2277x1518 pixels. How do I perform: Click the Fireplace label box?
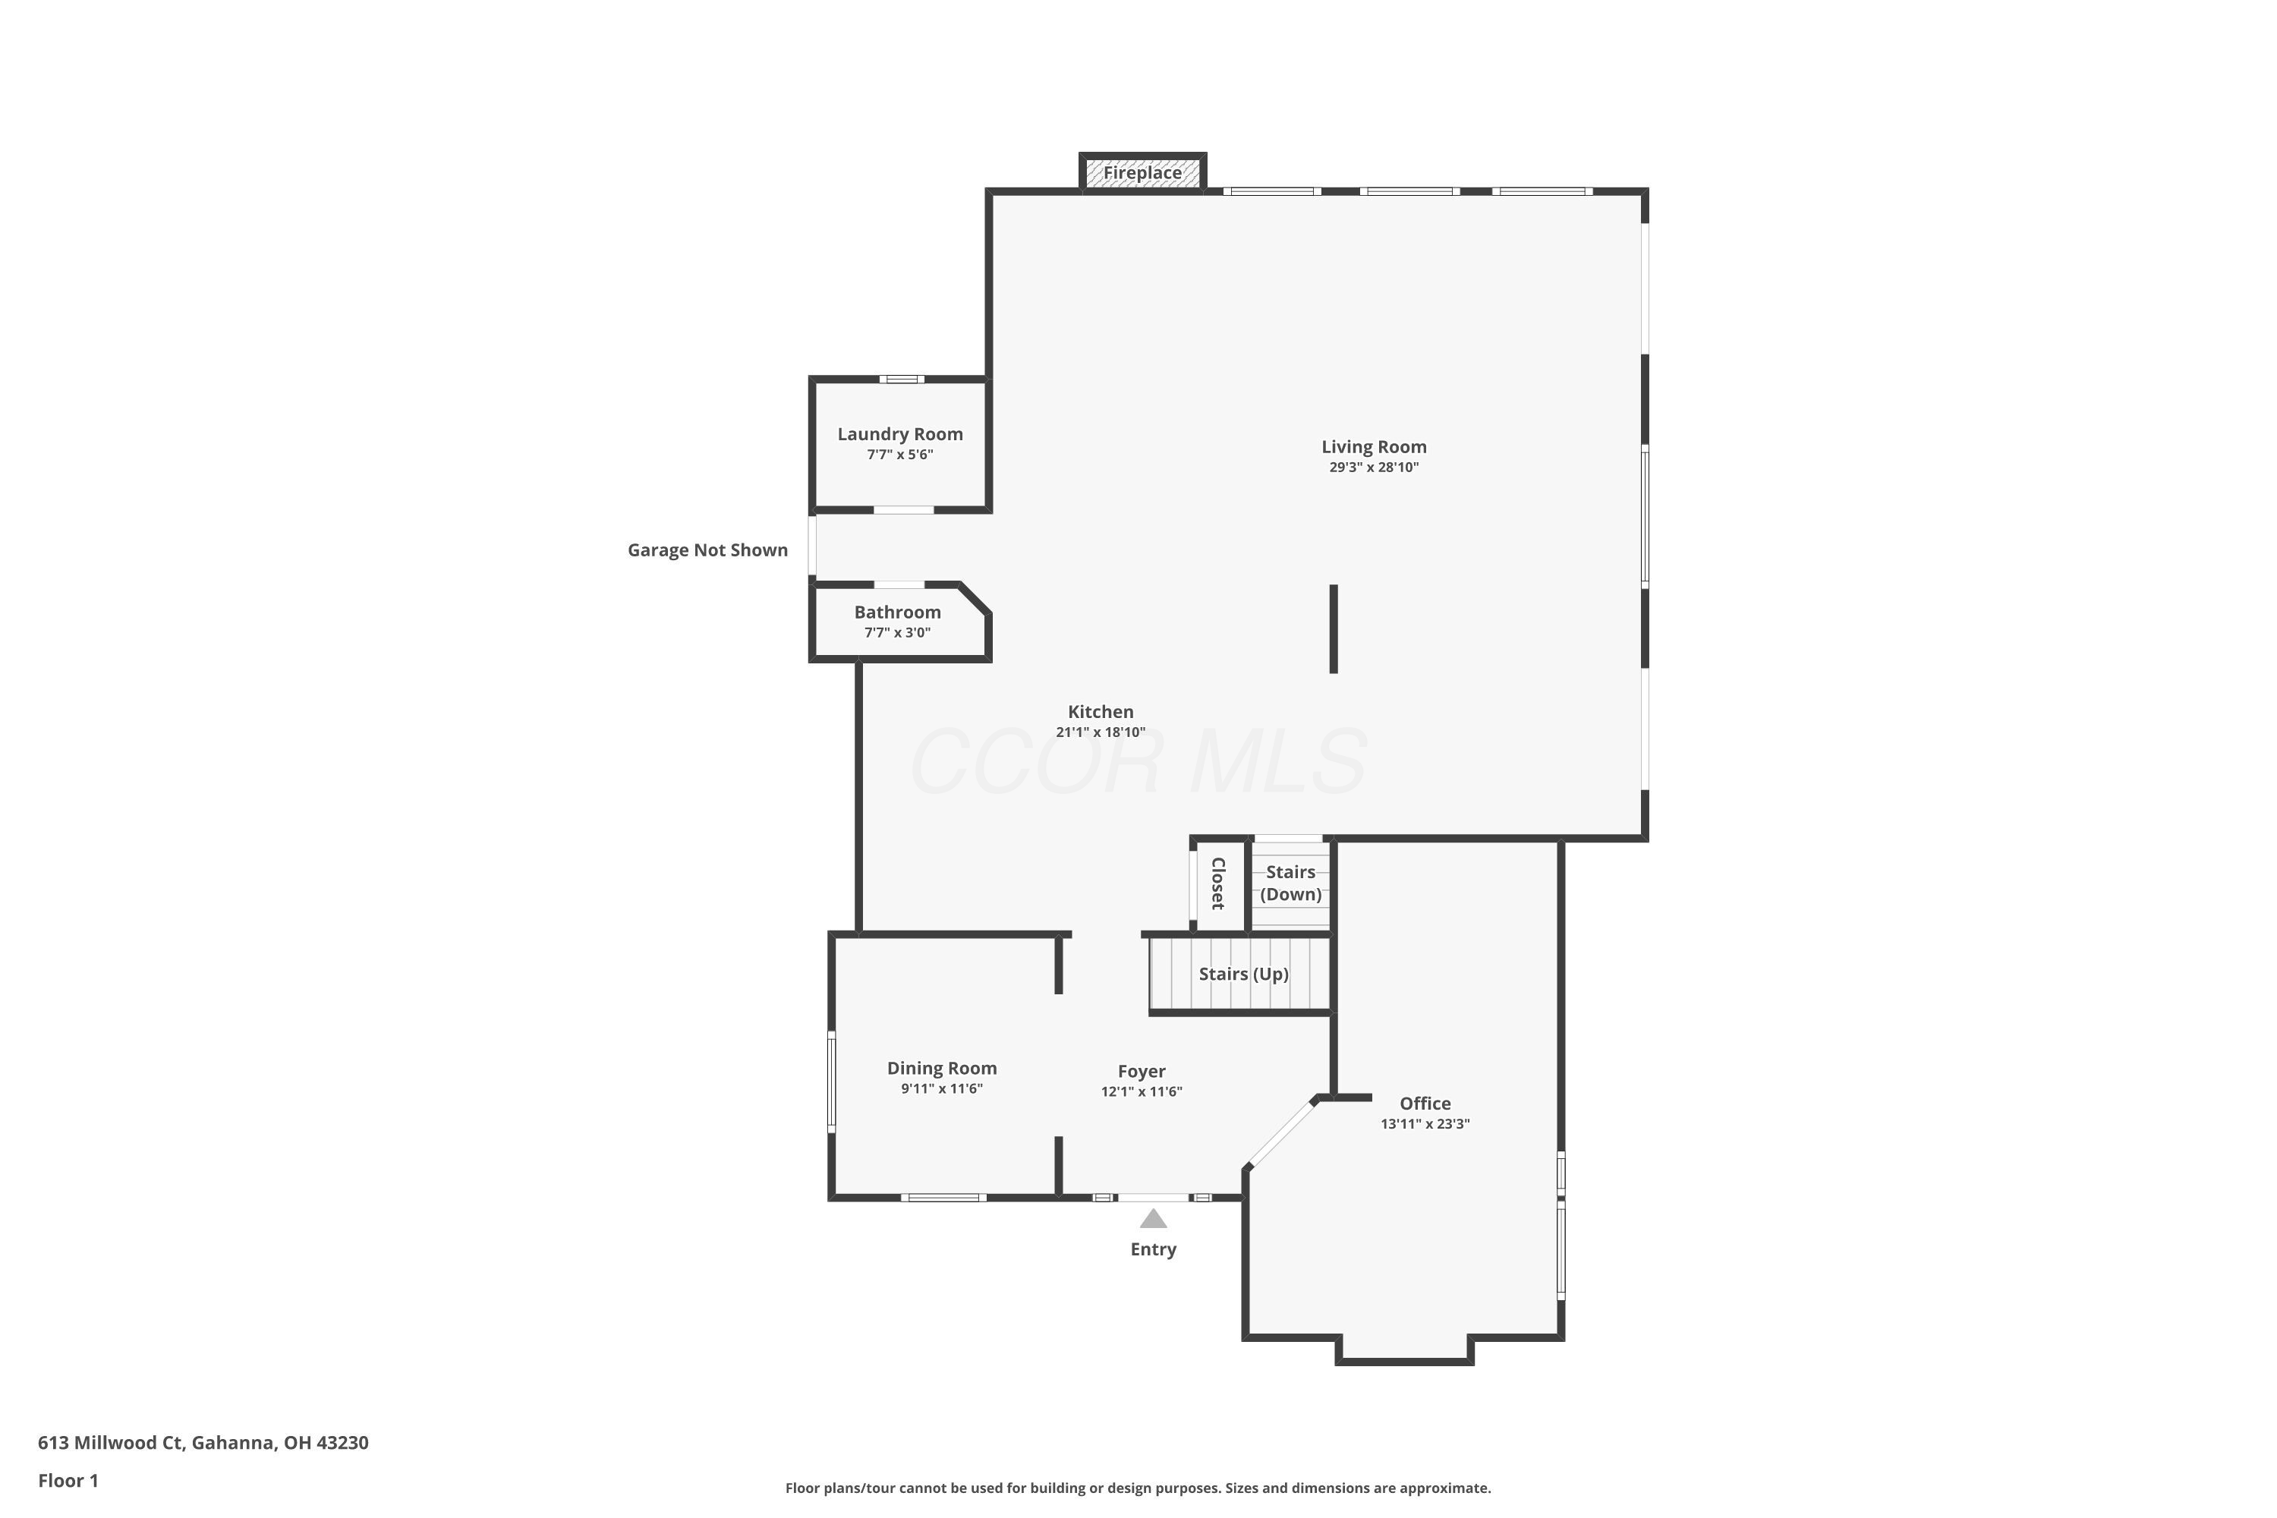1142,173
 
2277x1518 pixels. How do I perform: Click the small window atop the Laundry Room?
902,379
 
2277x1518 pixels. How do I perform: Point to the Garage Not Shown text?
707,550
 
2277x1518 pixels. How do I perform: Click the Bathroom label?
896,613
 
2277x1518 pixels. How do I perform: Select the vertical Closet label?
1218,883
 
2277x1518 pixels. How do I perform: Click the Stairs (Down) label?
1290,883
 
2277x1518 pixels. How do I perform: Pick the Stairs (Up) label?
1243,974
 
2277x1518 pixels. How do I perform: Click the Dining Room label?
941,1069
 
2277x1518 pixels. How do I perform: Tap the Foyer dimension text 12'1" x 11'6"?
1141,1092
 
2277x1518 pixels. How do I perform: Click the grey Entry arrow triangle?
1152,1219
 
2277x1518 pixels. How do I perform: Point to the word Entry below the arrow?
1152,1250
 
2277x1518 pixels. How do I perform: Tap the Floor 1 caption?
68,1480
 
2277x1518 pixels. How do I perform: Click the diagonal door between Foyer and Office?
1281,1134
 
